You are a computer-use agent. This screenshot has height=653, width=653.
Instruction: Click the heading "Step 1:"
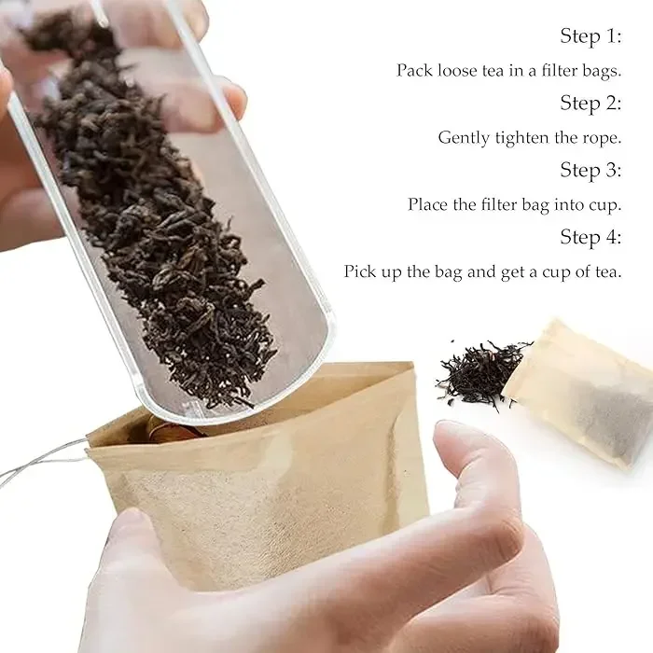[590, 36]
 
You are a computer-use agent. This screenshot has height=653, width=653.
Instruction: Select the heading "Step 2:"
[590, 103]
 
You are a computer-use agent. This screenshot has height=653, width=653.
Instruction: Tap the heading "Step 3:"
[590, 170]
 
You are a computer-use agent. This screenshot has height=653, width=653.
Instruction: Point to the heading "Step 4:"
[590, 237]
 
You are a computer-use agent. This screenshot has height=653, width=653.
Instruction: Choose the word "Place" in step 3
[428, 204]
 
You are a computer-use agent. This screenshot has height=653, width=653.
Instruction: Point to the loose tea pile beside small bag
[480, 371]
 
